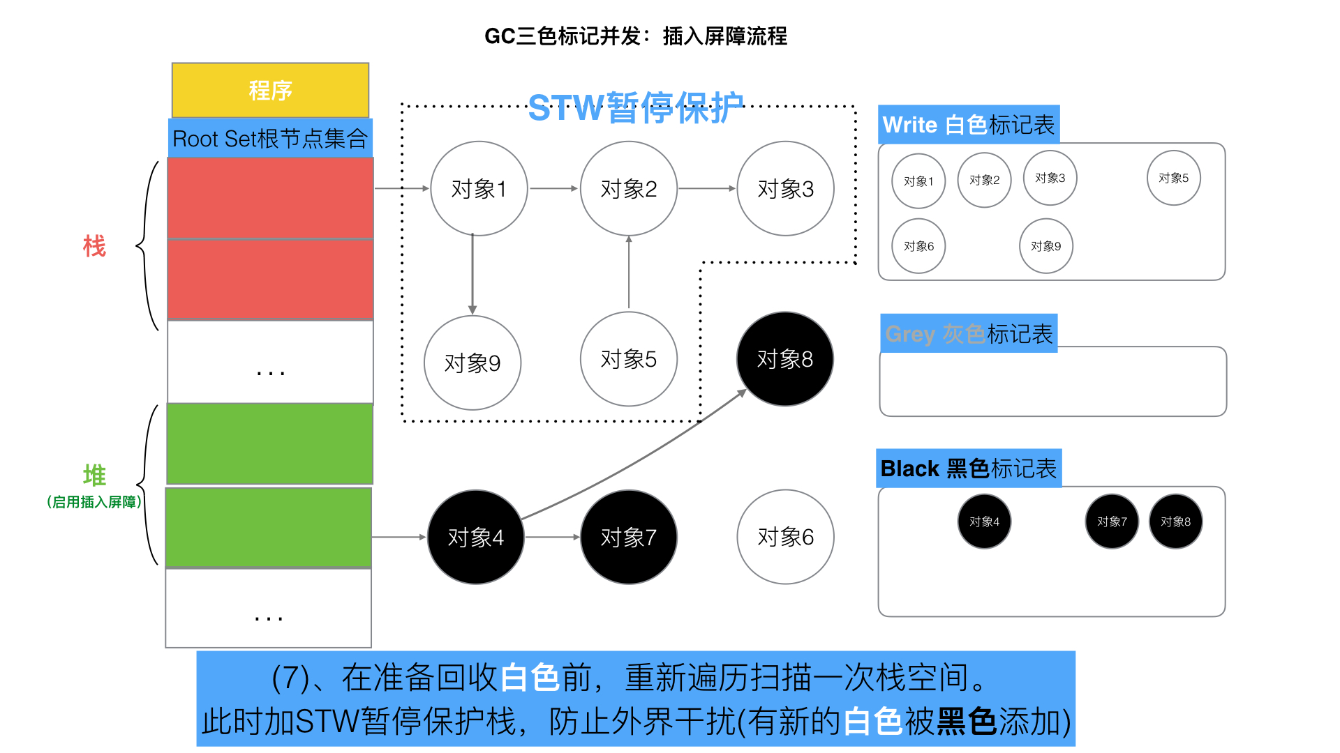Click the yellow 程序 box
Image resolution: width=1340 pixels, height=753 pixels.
(270, 91)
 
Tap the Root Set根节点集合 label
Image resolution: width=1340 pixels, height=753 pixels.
(270, 139)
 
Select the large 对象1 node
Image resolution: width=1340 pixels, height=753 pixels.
(479, 189)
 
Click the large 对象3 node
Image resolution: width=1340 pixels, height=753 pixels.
(785, 189)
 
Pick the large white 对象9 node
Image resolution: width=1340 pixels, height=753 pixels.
(472, 363)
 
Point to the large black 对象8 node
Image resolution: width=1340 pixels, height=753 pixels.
(785, 359)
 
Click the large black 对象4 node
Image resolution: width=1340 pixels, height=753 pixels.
(475, 537)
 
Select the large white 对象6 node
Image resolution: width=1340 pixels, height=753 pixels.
(785, 537)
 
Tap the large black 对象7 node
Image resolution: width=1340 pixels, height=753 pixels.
(628, 537)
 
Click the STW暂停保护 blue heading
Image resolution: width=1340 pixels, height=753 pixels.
(635, 108)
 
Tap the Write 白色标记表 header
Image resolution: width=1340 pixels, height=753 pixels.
(968, 125)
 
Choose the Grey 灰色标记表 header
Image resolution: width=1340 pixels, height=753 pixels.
(968, 334)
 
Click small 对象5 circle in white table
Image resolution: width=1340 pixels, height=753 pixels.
(1173, 178)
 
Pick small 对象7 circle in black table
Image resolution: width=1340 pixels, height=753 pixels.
(1112, 522)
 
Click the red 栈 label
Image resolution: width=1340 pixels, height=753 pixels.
(94, 246)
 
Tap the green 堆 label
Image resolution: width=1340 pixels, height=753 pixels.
(94, 476)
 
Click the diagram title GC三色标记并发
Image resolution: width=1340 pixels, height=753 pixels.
(635, 36)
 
